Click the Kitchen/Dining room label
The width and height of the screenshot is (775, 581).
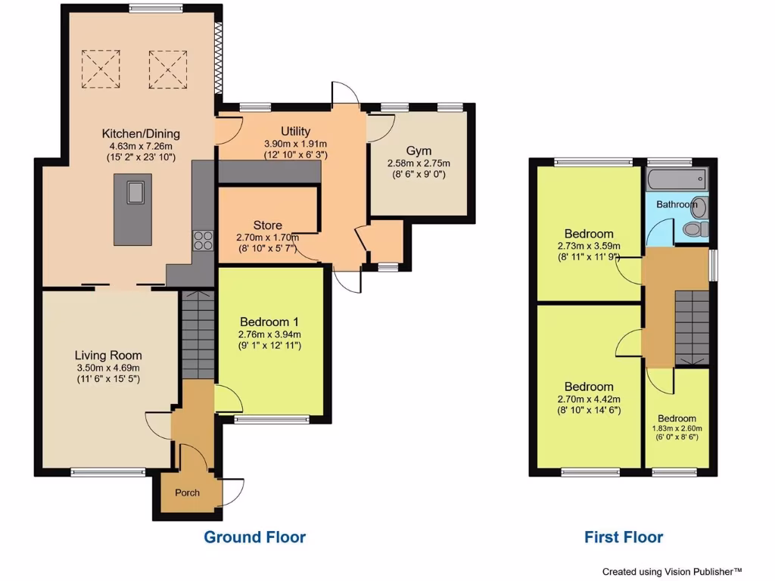(141, 134)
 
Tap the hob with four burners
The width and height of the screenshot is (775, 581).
(204, 240)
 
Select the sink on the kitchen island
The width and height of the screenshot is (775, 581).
(135, 193)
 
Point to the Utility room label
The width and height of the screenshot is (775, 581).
(294, 132)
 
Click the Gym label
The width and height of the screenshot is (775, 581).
(419, 151)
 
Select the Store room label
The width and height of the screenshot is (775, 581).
(267, 225)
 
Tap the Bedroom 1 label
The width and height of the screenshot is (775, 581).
(270, 321)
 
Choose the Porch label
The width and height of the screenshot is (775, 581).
(187, 492)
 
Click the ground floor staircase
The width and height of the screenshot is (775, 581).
(198, 334)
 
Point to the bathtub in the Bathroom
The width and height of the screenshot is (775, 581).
(676, 181)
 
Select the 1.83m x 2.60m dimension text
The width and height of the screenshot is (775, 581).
(677, 428)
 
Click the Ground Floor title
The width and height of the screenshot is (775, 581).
(254, 538)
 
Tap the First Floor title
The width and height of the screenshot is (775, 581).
(623, 538)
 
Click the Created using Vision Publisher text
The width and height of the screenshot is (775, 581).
(671, 571)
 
